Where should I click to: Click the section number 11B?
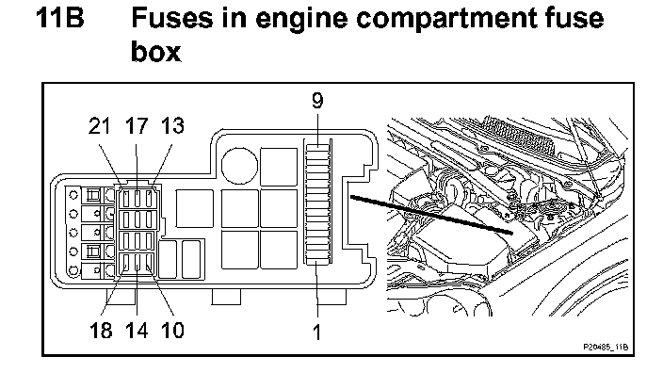click(59, 18)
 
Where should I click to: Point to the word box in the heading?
click(155, 52)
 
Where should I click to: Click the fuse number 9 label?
click(317, 100)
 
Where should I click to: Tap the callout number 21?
click(100, 126)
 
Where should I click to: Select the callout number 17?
click(137, 126)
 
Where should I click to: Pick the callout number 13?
click(173, 126)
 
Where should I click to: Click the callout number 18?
click(101, 330)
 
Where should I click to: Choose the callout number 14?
click(137, 330)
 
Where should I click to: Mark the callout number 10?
click(173, 330)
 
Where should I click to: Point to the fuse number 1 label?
click(317, 332)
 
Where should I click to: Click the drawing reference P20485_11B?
click(606, 347)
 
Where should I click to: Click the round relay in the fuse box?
click(239, 166)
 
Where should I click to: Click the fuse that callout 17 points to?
click(137, 198)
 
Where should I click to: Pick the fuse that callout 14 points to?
click(137, 262)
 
